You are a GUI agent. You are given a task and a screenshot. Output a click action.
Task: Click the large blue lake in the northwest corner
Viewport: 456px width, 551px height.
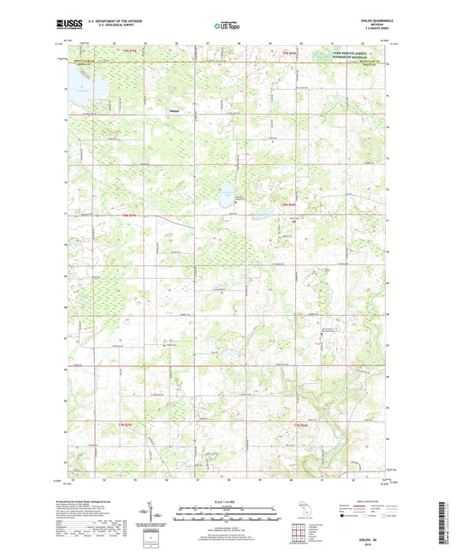point(86,86)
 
